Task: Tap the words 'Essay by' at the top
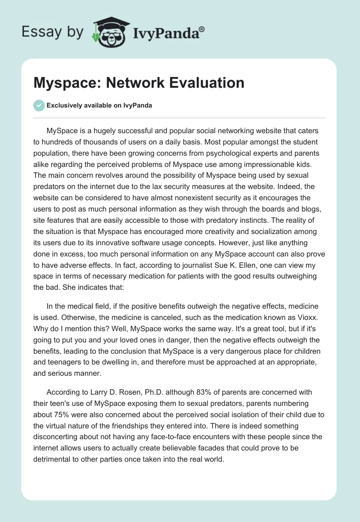[53, 31]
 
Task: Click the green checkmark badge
[39, 105]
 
